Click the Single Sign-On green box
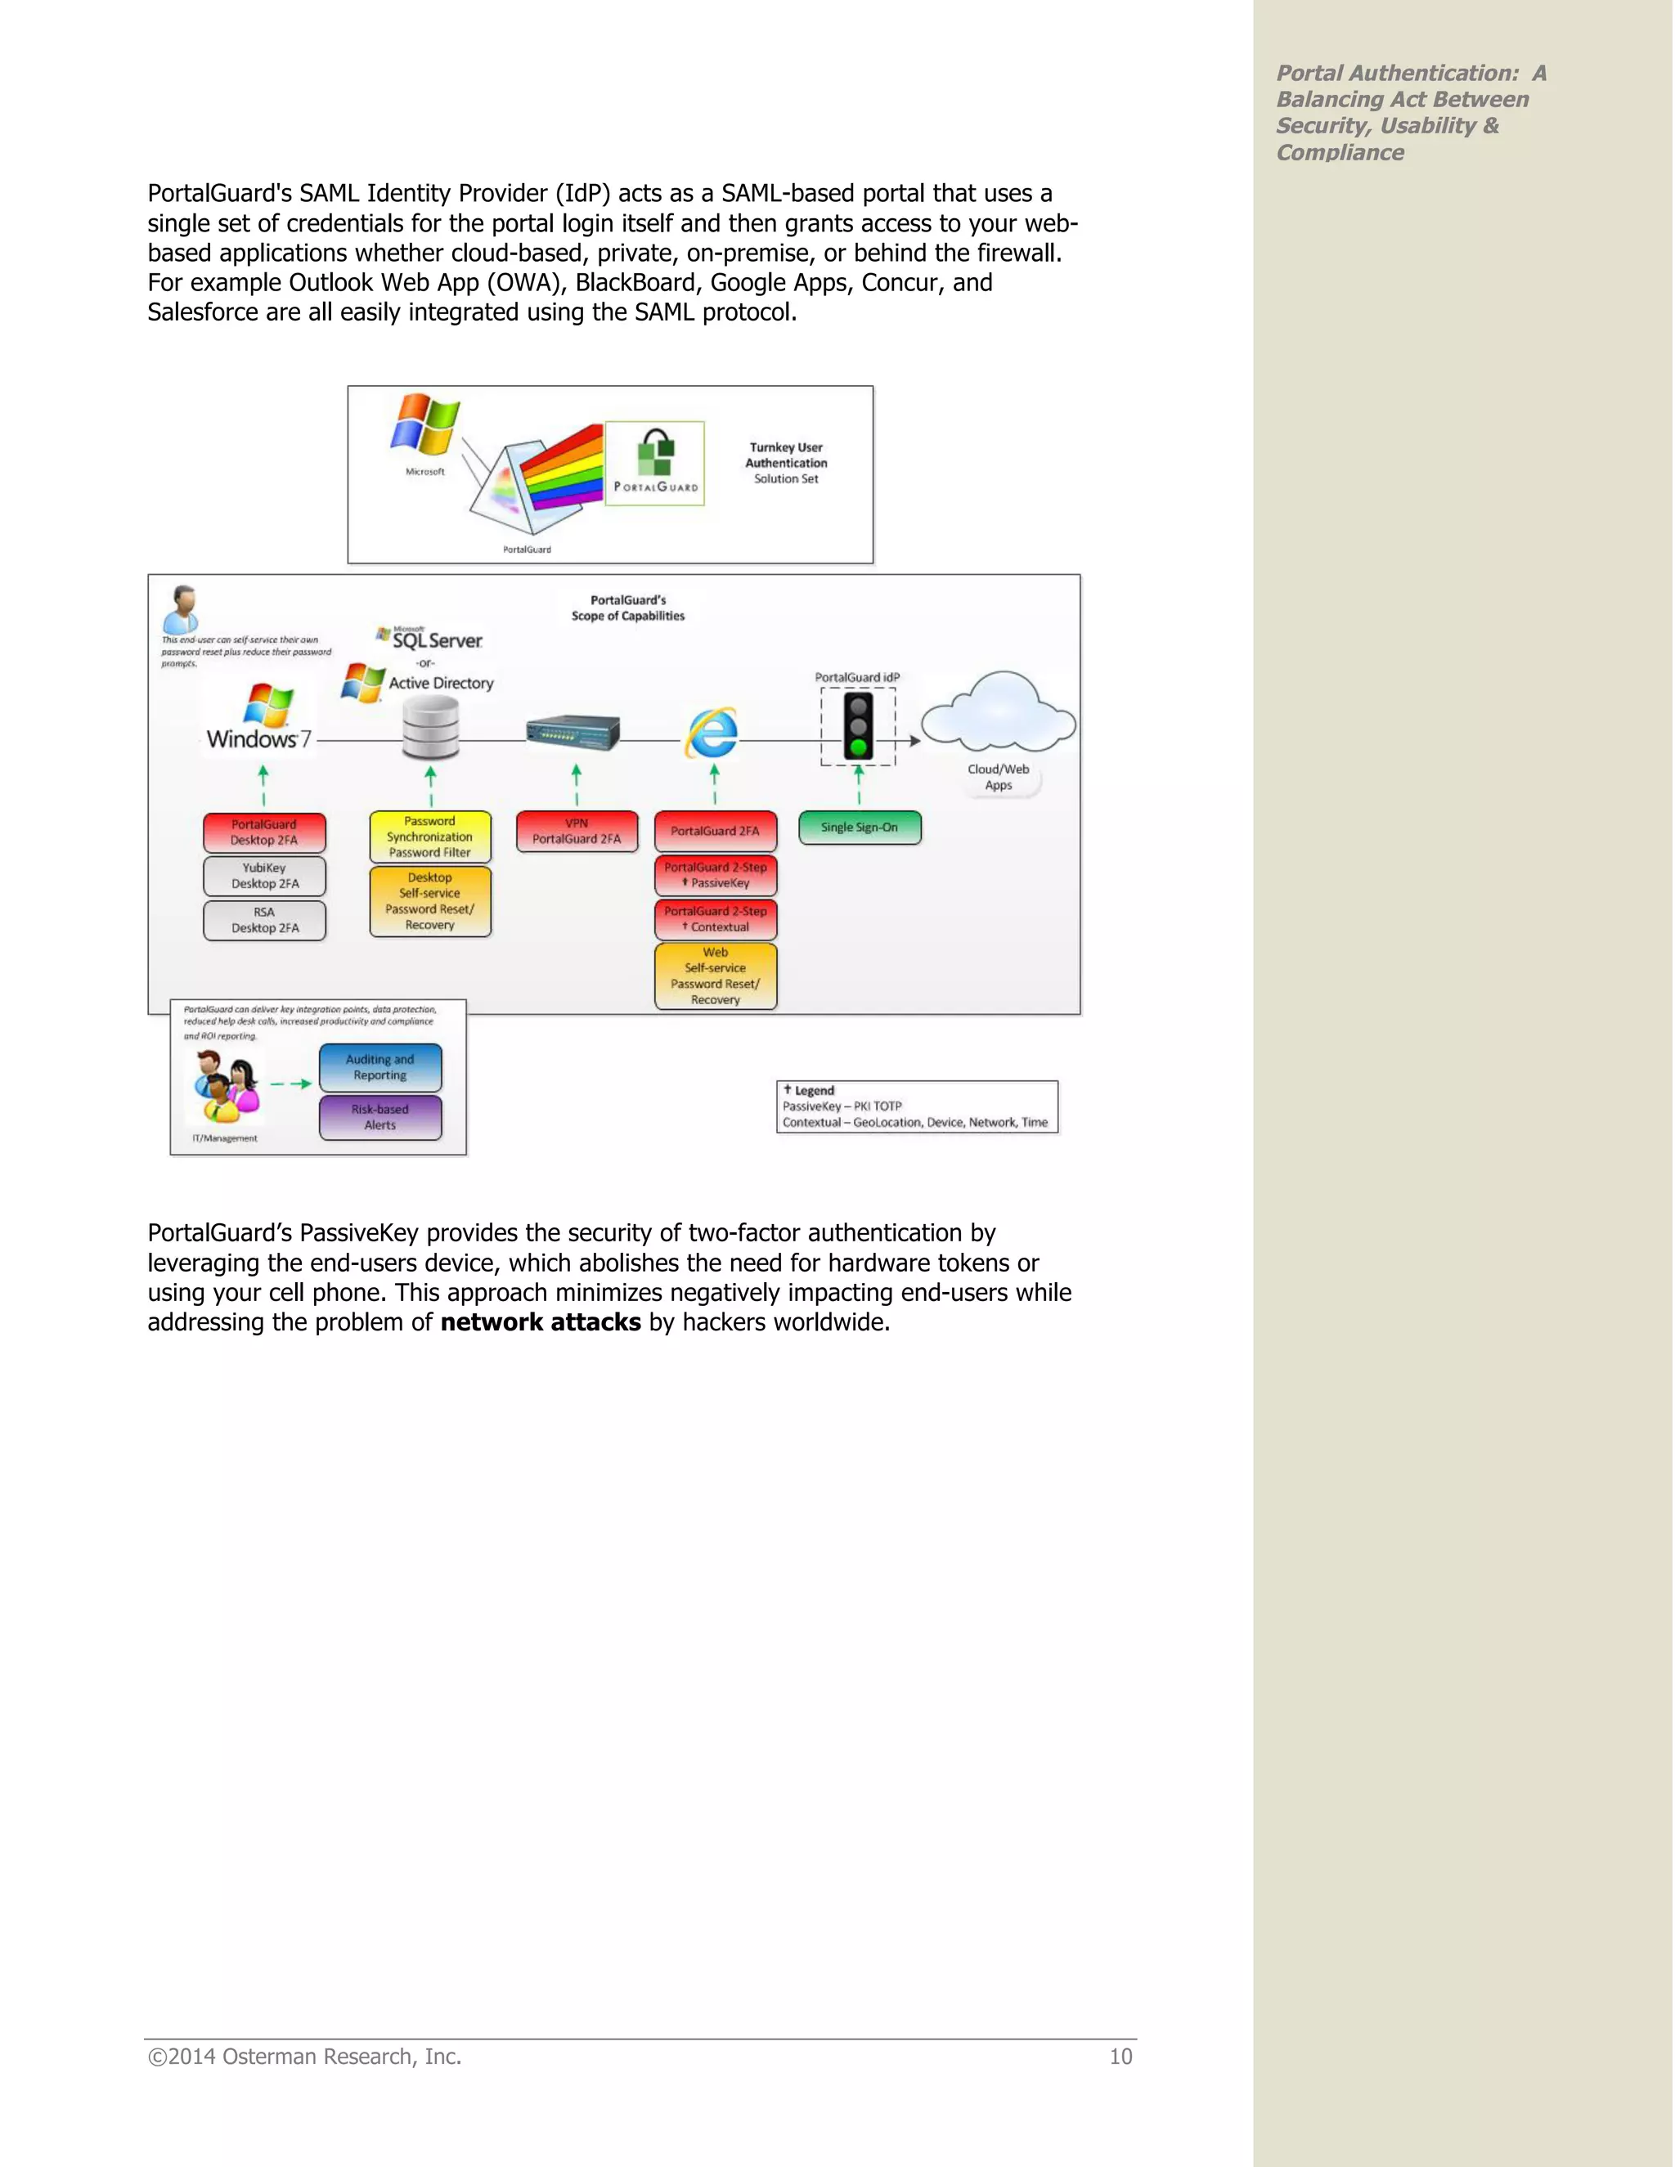point(860,828)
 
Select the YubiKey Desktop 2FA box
point(264,876)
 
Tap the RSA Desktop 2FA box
point(264,920)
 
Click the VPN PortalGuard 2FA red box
point(577,832)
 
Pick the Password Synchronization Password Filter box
point(429,837)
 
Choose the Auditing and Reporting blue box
point(380,1068)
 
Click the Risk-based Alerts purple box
point(380,1117)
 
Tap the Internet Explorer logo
point(712,734)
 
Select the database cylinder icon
point(431,726)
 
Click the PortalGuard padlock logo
point(655,455)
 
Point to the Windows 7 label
point(258,739)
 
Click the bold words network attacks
point(540,1322)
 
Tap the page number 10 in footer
point(1120,2057)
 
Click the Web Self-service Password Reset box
point(716,976)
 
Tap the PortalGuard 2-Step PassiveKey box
point(716,875)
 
